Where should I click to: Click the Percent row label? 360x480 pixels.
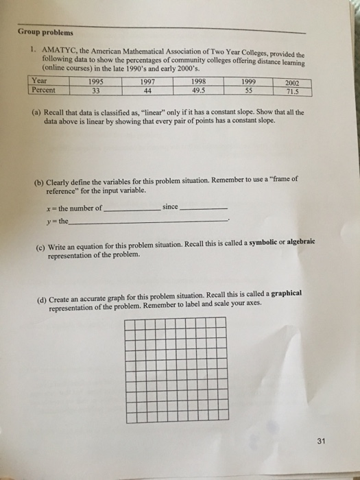tap(43, 89)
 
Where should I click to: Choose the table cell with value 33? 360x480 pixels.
tap(95, 89)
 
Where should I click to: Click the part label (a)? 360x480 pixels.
tap(36, 111)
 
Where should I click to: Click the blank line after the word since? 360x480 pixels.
tap(204, 208)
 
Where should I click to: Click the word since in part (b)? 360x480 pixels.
tap(170, 206)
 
